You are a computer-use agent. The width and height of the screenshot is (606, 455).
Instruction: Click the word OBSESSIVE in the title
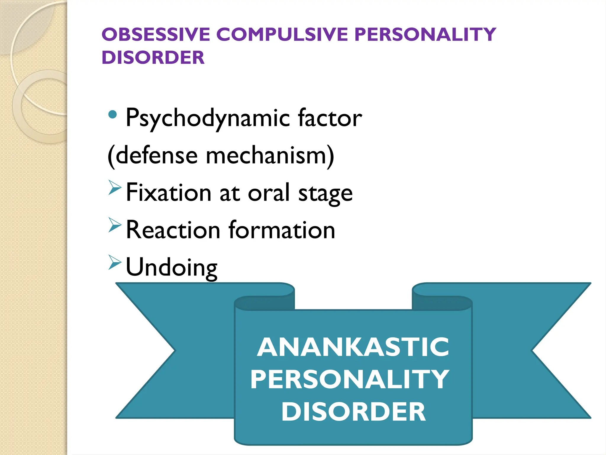coord(156,34)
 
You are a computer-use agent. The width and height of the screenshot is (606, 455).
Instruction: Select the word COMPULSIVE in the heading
coord(282,34)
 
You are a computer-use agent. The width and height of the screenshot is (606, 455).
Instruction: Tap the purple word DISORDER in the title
coord(153,57)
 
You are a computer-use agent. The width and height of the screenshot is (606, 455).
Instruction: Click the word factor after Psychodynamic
coord(330,118)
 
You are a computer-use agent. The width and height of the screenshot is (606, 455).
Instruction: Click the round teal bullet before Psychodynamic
coord(112,114)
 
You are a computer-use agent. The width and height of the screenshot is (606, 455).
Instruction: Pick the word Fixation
coord(168,193)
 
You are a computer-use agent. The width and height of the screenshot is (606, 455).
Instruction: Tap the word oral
coord(269,193)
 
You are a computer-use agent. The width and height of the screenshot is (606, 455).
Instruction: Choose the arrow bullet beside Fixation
coord(115,188)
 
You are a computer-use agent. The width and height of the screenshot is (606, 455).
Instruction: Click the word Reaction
coord(173,230)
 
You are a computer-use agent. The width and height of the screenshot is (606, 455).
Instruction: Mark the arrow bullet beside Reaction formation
coord(115,225)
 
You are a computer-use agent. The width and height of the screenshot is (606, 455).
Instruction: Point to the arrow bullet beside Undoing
coord(115,262)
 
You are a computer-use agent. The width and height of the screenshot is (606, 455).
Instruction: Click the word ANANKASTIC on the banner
coord(353,347)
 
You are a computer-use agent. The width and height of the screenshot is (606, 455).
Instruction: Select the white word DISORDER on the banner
coord(353,412)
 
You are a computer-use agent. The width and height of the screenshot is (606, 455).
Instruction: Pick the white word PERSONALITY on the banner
coord(350,379)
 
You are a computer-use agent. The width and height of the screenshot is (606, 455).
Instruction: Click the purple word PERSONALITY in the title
coord(425,34)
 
